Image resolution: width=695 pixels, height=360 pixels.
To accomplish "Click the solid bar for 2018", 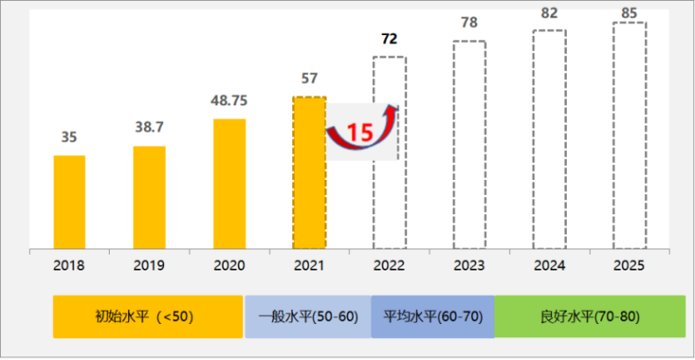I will (x=69, y=202).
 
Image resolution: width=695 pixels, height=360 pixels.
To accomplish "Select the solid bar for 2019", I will (x=149, y=198).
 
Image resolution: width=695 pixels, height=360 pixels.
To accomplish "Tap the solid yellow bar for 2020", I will (x=229, y=184).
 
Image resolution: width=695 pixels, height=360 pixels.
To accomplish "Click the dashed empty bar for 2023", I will (x=469, y=145).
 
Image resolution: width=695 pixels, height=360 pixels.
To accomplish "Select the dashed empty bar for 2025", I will (x=628, y=136).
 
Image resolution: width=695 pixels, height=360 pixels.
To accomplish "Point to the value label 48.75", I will (x=229, y=101).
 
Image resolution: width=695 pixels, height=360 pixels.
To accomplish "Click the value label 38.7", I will (x=149, y=128).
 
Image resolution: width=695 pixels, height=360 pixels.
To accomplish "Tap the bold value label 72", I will (x=390, y=40).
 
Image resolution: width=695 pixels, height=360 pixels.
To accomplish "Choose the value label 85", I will (x=628, y=12).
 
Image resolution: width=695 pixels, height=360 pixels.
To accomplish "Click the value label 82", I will (x=548, y=15).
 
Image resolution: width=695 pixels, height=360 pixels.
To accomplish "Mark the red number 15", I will (x=359, y=133).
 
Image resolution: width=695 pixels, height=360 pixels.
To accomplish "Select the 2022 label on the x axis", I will (x=389, y=263).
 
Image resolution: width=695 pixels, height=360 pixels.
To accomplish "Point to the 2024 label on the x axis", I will (x=548, y=263).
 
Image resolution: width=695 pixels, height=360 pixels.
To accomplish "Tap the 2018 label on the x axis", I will (x=69, y=263).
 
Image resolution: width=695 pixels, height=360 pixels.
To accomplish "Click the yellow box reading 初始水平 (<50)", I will (x=147, y=316).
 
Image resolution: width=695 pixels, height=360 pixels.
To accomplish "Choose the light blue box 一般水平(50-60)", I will (x=308, y=316).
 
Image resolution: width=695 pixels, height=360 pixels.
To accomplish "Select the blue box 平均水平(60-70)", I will (x=433, y=316).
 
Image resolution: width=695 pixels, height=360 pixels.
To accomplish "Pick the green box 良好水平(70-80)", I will (x=590, y=316).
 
